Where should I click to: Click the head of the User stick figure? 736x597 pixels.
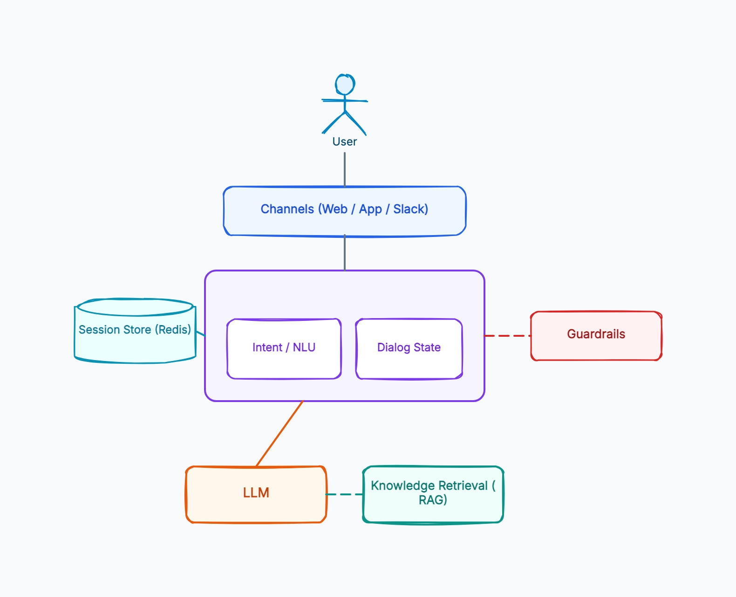tap(345, 84)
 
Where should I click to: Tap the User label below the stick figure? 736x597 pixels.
tap(345, 141)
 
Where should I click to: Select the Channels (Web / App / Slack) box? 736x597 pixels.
tap(345, 211)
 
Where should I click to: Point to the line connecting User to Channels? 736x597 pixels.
tap(345, 169)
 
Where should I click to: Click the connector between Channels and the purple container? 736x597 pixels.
tap(345, 252)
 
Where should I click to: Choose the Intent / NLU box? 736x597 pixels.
tap(284, 349)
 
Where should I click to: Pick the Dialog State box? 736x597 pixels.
tap(409, 349)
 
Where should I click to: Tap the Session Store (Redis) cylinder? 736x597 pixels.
tap(135, 331)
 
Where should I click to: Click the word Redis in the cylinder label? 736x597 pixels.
tap(173, 329)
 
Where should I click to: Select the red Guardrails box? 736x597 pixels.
tap(596, 335)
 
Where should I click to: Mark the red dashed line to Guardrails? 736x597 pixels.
tap(508, 335)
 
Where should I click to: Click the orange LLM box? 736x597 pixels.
tap(256, 494)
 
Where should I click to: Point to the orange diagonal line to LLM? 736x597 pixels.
tap(279, 434)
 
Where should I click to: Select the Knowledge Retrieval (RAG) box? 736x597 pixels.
tap(433, 494)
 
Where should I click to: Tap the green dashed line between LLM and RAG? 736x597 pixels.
tap(345, 494)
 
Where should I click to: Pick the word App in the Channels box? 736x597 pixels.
tap(370, 209)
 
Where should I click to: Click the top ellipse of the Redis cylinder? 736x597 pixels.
tap(135, 307)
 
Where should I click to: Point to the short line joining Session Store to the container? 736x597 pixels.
tap(200, 333)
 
